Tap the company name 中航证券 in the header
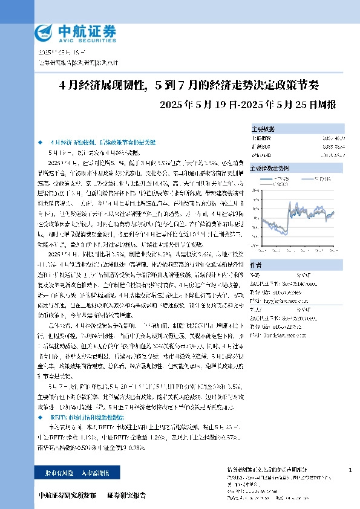(x=84, y=29)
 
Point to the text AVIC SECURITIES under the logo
(x=84, y=39)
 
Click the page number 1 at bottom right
(x=351, y=470)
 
